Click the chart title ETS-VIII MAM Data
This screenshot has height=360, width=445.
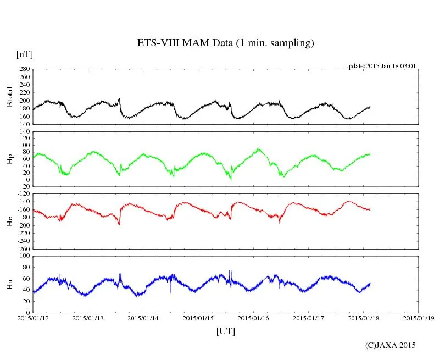(225, 43)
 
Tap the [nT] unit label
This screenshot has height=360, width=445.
(25, 54)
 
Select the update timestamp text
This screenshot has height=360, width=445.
(380, 66)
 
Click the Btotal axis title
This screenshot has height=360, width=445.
(9, 97)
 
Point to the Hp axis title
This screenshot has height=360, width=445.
(9, 159)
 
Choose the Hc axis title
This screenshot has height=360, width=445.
(9, 221)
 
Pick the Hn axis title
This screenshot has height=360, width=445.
(9, 284)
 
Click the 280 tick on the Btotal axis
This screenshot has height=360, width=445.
(24, 69)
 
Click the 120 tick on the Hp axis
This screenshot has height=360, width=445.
(24, 131)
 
